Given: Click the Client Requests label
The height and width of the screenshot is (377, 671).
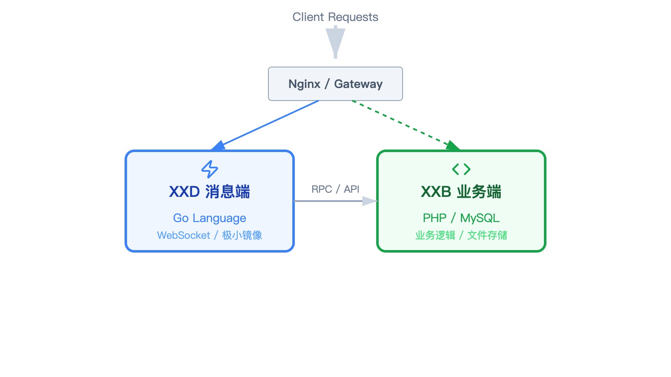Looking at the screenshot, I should (x=335, y=17).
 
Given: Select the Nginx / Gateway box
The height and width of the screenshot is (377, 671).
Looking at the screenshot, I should (x=335, y=84).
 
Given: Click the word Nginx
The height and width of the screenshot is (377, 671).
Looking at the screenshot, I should (x=304, y=84).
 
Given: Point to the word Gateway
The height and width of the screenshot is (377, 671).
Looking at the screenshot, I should (x=358, y=84).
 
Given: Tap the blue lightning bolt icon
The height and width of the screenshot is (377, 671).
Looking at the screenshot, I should (x=210, y=169).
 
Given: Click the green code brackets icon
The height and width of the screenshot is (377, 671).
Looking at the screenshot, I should (x=461, y=169).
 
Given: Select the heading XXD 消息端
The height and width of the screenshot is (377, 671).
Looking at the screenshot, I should (x=210, y=192).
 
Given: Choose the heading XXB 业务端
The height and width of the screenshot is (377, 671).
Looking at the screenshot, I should (x=461, y=192).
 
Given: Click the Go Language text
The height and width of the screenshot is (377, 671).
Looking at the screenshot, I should (x=210, y=218).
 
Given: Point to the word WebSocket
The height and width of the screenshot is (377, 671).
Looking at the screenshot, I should (x=183, y=235).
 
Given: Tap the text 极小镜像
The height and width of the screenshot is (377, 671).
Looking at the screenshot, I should (x=242, y=235).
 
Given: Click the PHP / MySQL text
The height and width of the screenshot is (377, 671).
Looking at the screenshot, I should (x=461, y=218).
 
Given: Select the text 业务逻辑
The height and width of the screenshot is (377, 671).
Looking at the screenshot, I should (x=435, y=235).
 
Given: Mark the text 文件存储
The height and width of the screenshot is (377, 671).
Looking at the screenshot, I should (x=487, y=235).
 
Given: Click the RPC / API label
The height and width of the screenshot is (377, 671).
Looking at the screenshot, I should (x=335, y=189).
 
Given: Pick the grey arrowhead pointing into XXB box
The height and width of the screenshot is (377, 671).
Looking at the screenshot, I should (x=370, y=201).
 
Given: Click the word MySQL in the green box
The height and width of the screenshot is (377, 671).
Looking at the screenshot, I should (x=480, y=218).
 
